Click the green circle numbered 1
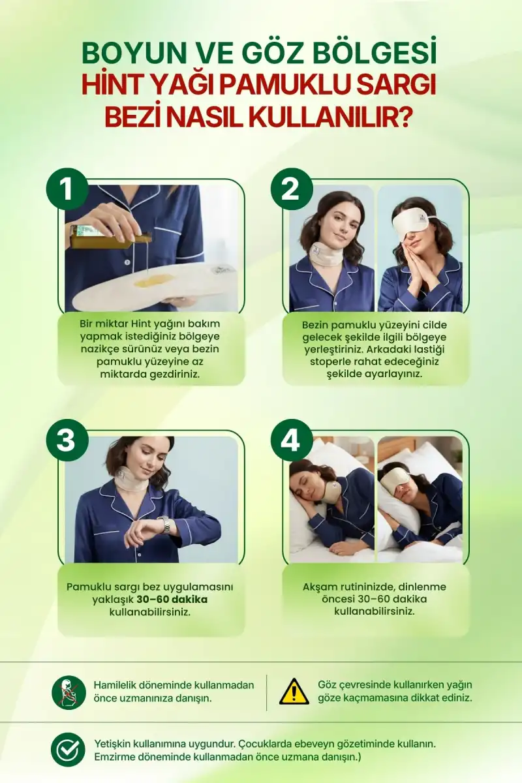[67, 189]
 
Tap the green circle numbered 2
[292, 189]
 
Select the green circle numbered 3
[67, 440]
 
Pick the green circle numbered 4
[292, 440]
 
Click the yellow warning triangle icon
[294, 692]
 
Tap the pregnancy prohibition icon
[69, 692]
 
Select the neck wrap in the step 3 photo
[130, 479]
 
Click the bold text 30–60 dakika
[172, 600]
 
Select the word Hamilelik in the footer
[114, 684]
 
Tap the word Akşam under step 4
[320, 586]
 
